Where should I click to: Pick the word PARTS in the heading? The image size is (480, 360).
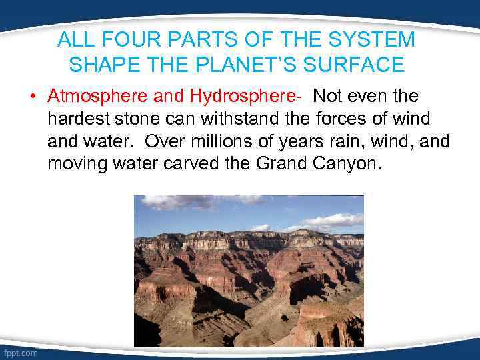click(195, 40)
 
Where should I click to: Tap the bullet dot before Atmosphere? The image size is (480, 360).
click(32, 97)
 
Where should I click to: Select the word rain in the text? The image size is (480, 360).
click(348, 142)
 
